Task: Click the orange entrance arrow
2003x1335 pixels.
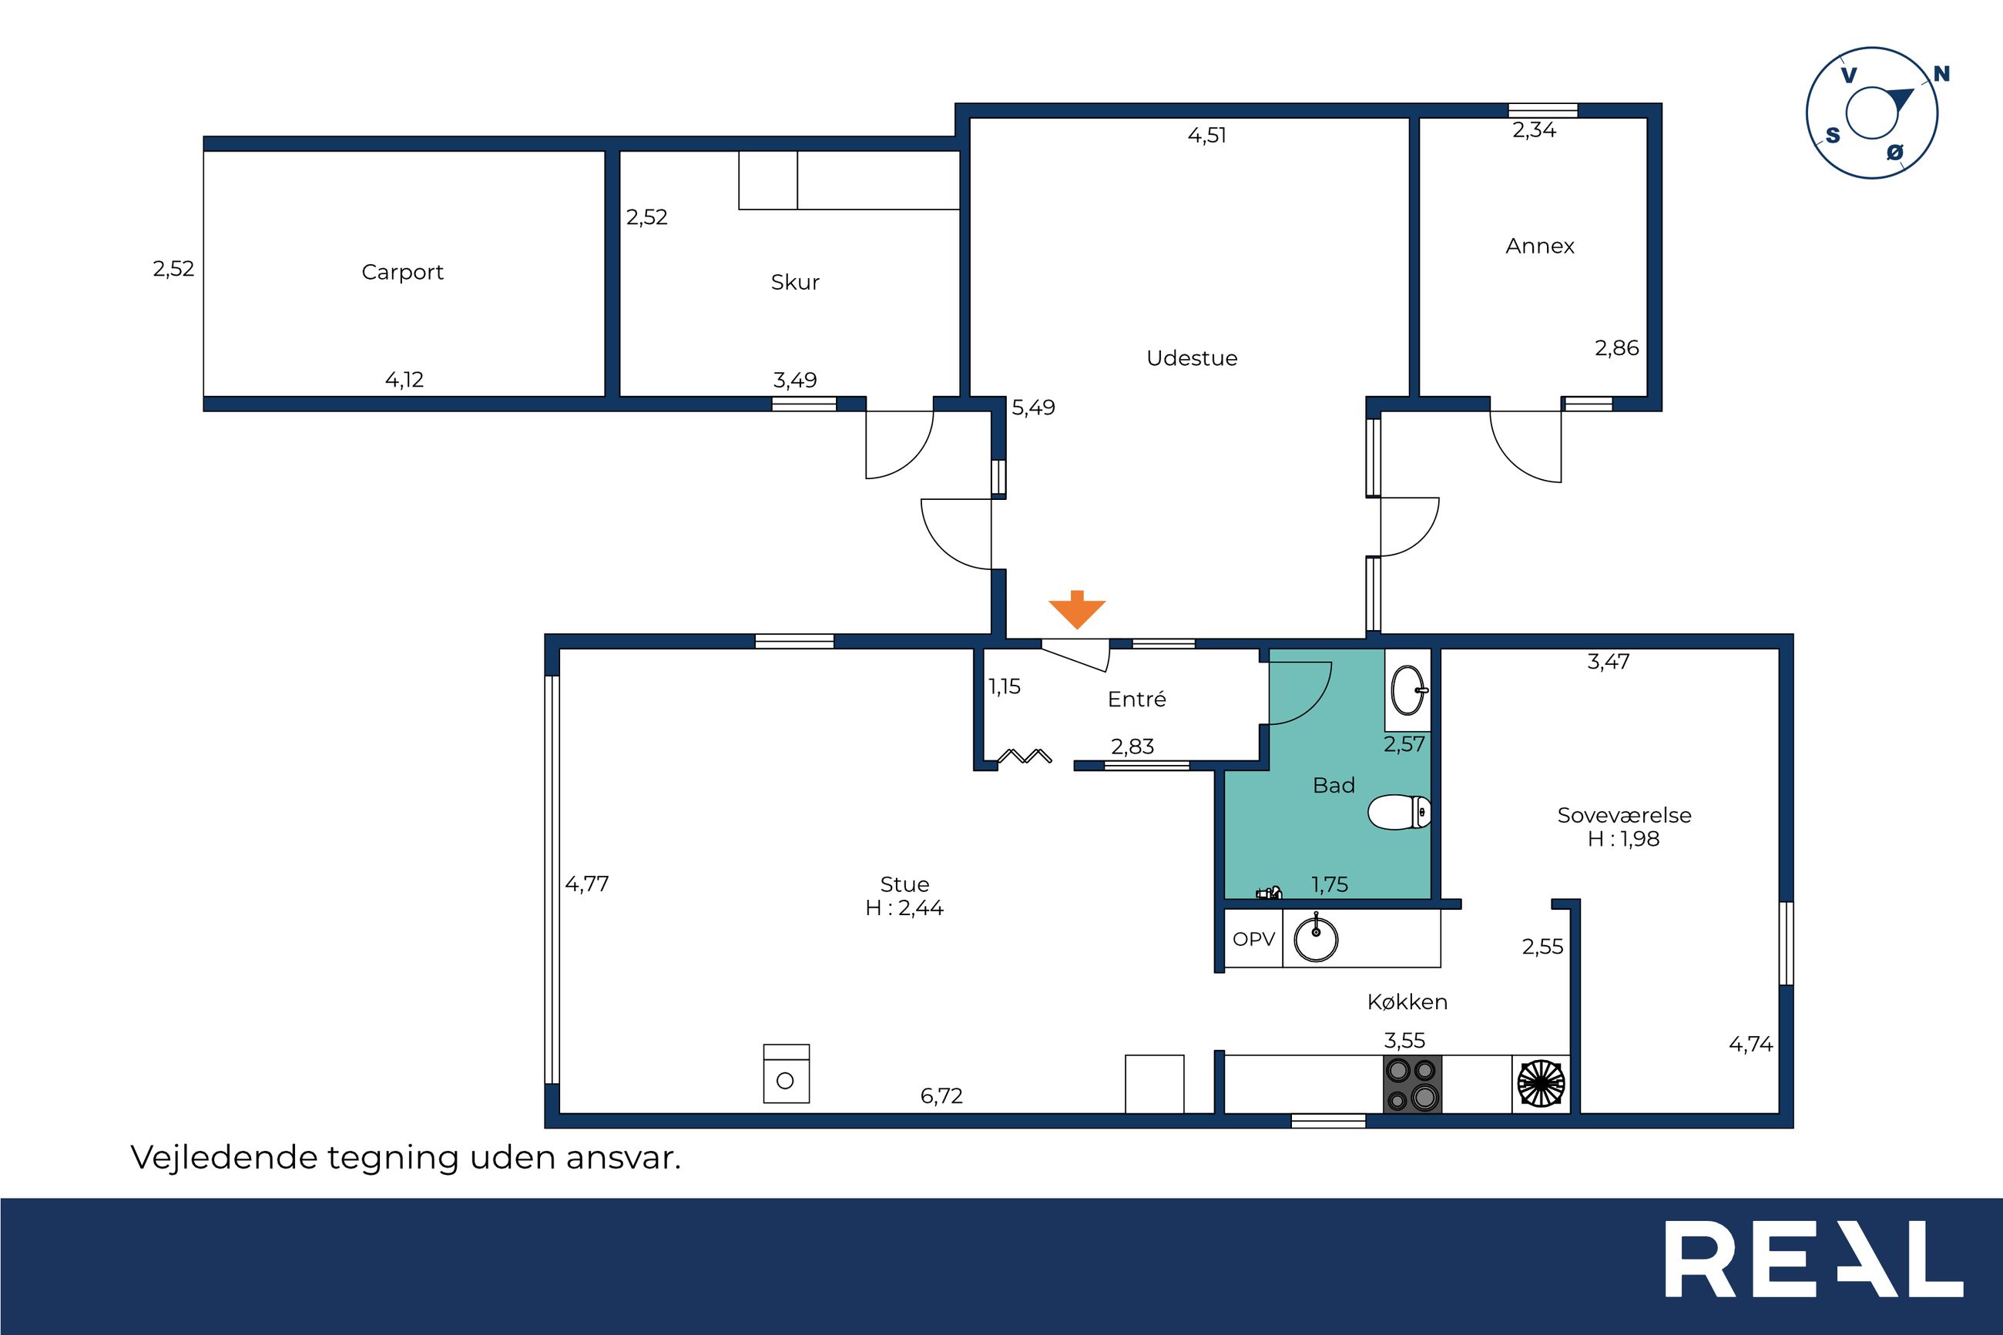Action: point(1077,609)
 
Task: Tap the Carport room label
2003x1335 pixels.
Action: point(403,273)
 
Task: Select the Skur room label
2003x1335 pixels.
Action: point(795,282)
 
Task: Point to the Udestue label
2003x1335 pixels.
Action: point(1192,357)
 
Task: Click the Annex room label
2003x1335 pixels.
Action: point(1540,246)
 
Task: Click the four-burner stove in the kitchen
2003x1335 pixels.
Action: point(1413,1084)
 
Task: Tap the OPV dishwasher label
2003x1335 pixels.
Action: point(1254,939)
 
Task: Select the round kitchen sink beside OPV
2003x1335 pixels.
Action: point(1316,939)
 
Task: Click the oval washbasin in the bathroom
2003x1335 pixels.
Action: point(1409,689)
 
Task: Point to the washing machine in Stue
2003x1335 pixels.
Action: point(787,1074)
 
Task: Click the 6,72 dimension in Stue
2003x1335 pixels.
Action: point(941,1095)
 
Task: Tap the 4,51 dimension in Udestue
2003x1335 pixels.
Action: point(1207,136)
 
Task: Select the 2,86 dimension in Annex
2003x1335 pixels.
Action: point(1616,348)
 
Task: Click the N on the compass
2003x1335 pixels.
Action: point(1941,74)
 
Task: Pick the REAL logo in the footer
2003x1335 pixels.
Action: point(1814,1260)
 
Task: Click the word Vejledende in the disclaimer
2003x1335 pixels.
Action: point(224,1158)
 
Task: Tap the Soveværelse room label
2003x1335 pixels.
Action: point(1624,816)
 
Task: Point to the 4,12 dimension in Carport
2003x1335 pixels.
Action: point(404,380)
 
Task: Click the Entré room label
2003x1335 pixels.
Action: point(1136,699)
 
